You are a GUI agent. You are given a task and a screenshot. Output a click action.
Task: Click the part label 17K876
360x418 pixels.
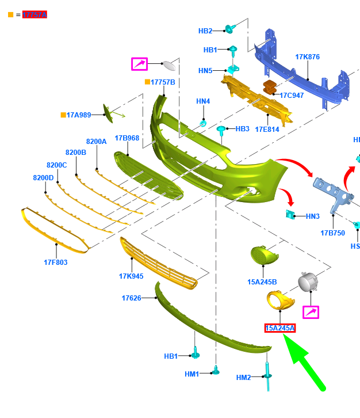pos(307,57)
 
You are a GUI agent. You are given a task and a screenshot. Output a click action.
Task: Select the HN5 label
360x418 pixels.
pos(205,71)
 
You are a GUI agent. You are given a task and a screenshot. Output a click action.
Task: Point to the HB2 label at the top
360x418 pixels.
pos(205,31)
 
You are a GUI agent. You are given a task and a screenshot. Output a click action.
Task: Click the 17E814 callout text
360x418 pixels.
pos(267,130)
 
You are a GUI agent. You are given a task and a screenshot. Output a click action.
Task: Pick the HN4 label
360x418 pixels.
pos(203,101)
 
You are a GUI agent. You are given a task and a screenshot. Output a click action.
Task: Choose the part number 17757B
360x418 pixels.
pos(163,82)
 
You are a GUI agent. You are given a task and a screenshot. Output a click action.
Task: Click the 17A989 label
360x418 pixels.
pos(78,115)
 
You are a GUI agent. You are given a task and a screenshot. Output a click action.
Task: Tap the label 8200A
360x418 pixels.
pos(96,141)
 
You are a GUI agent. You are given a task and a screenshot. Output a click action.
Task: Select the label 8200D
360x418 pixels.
pos(43,177)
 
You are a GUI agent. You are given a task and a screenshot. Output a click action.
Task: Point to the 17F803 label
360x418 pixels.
pos(56,263)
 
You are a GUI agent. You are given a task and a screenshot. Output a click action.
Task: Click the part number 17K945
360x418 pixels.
pos(131,276)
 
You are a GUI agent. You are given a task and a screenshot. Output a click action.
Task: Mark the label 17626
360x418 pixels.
pos(132,298)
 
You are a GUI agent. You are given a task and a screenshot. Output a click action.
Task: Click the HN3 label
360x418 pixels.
pos(312,216)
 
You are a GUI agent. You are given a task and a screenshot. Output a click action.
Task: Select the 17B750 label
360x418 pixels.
pos(332,233)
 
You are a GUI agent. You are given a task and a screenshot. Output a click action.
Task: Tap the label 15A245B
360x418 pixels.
pos(262,282)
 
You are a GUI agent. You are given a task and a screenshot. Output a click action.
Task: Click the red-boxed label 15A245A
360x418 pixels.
pos(280,328)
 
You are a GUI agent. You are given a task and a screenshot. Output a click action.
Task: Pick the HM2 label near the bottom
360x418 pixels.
pos(244,378)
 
